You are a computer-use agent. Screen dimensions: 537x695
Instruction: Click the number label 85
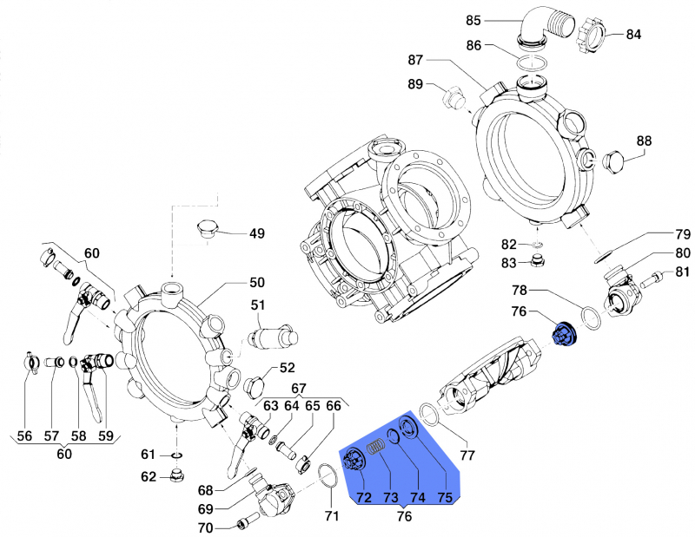click(x=498, y=20)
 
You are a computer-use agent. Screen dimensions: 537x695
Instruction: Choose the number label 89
click(x=415, y=84)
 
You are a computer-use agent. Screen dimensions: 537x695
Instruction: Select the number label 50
click(x=257, y=283)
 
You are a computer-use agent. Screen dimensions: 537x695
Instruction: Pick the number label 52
click(x=287, y=368)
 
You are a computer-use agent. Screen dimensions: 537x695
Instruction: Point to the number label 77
click(x=467, y=455)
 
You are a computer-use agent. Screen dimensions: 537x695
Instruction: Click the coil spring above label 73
click(x=376, y=449)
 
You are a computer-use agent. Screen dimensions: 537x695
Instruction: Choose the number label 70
click(x=204, y=527)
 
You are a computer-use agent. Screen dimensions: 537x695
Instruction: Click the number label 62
click(x=149, y=476)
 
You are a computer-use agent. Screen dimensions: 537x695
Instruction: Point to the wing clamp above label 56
click(x=27, y=359)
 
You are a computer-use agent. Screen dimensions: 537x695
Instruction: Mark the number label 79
click(x=683, y=234)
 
